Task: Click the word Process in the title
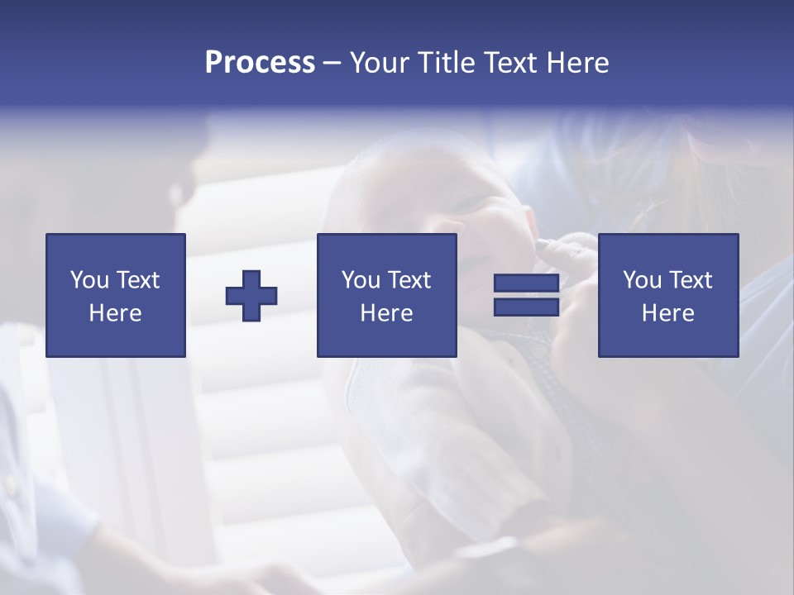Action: [x=260, y=63]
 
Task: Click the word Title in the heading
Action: [x=447, y=63]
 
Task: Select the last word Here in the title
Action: [x=576, y=63]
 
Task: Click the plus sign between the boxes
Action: [x=251, y=295]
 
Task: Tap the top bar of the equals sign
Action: [x=526, y=283]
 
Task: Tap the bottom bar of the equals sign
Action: [x=526, y=307]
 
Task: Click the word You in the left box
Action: [x=89, y=280]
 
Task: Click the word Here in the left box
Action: [x=116, y=313]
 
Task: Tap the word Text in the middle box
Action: [x=408, y=280]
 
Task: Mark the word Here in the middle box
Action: [x=386, y=313]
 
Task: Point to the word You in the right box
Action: [x=642, y=280]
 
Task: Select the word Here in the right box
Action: [x=667, y=313]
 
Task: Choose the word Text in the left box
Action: [x=137, y=280]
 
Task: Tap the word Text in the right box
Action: [x=689, y=280]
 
